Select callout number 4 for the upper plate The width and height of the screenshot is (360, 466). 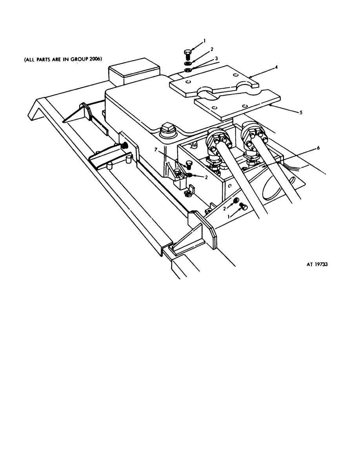click(x=276, y=67)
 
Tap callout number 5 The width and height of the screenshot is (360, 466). click(x=301, y=113)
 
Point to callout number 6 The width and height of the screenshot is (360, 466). click(x=318, y=148)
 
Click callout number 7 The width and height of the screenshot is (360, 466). click(x=155, y=149)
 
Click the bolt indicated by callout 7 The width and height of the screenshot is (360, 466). click(x=189, y=165)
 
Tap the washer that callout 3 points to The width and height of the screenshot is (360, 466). click(x=187, y=70)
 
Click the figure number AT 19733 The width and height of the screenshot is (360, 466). click(x=317, y=264)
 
